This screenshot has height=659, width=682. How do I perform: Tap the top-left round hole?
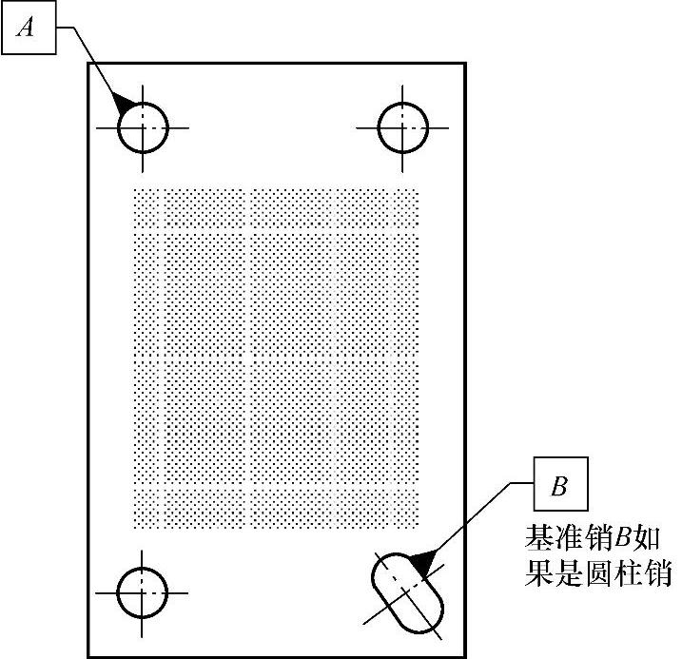pos(143,127)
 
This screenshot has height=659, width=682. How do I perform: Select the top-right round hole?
pos(401,127)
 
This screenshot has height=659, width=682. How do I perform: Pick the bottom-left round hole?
pos(143,593)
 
